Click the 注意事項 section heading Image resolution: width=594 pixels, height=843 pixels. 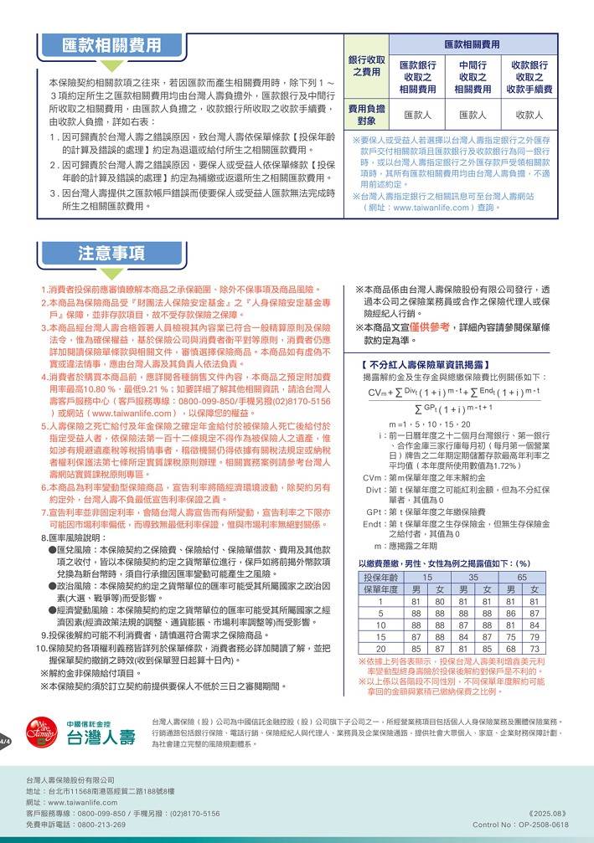(111, 254)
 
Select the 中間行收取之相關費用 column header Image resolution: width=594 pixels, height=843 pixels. (473, 77)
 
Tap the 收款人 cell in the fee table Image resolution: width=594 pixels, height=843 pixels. (529, 115)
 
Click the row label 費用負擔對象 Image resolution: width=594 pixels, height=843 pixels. (366, 115)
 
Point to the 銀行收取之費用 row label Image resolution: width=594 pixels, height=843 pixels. (366, 66)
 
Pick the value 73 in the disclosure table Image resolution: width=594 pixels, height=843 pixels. (536, 648)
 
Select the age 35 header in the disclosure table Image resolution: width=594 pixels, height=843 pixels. (473, 578)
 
